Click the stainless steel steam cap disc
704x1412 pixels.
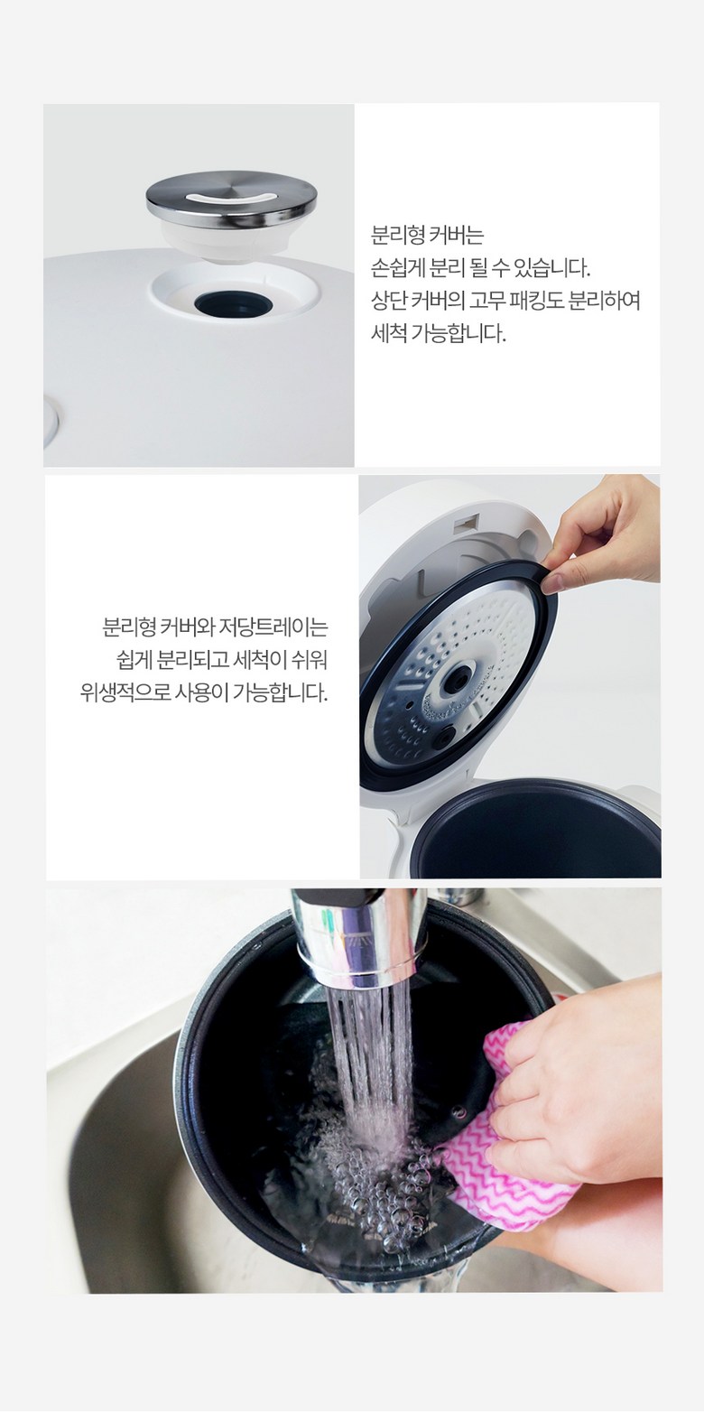tap(231, 198)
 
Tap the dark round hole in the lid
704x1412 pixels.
tap(233, 305)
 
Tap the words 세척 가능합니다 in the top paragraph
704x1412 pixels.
tap(438, 333)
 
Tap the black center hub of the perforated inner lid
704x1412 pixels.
tap(457, 681)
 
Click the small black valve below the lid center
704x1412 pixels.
tap(445, 735)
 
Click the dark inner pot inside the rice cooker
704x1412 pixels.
tap(536, 832)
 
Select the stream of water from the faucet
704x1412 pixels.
tap(371, 1072)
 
